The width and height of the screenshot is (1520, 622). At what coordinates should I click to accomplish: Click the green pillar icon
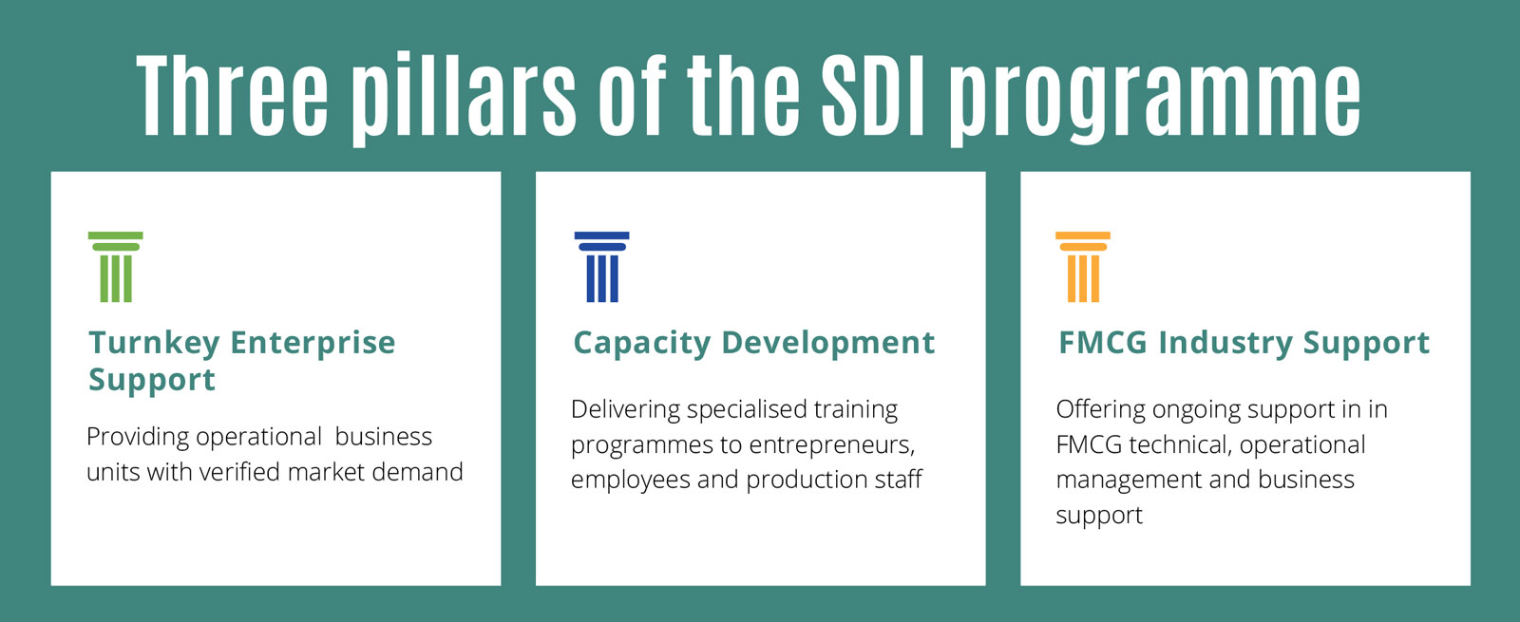click(115, 267)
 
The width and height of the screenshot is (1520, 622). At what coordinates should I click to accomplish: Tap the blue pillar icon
click(602, 267)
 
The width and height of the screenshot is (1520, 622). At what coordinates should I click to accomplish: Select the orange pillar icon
click(1083, 267)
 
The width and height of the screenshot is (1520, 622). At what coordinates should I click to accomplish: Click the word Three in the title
click(232, 95)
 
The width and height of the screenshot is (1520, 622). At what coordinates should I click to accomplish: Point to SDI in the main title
click(873, 95)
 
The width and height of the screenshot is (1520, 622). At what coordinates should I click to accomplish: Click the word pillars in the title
click(465, 101)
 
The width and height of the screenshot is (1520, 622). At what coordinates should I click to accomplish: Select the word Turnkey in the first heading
click(154, 343)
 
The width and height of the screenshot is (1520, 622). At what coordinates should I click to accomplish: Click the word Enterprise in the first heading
click(313, 343)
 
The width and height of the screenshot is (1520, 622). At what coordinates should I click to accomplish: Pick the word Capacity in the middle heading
click(642, 343)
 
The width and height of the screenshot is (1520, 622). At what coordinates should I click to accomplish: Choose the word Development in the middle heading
click(827, 343)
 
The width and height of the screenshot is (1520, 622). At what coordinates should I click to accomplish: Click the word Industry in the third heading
click(1225, 343)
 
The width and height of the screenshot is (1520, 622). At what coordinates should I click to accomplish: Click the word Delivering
click(624, 410)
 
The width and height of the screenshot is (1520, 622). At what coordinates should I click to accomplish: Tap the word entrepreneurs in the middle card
click(832, 445)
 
